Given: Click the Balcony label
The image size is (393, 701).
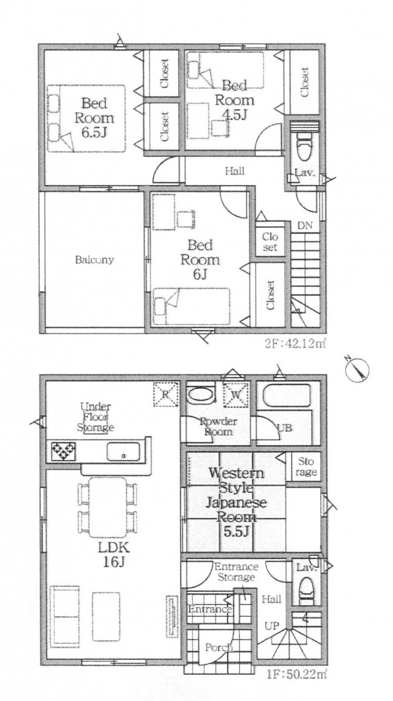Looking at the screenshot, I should coord(95,260).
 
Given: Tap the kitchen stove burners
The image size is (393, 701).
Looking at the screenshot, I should coord(63,451).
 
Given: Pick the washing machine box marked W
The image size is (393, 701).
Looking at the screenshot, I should coord(234,394).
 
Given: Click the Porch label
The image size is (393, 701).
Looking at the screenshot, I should coord(219,648).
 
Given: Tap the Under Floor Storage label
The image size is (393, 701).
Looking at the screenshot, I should coord(95,417).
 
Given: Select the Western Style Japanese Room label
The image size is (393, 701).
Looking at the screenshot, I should coord(233,496).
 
